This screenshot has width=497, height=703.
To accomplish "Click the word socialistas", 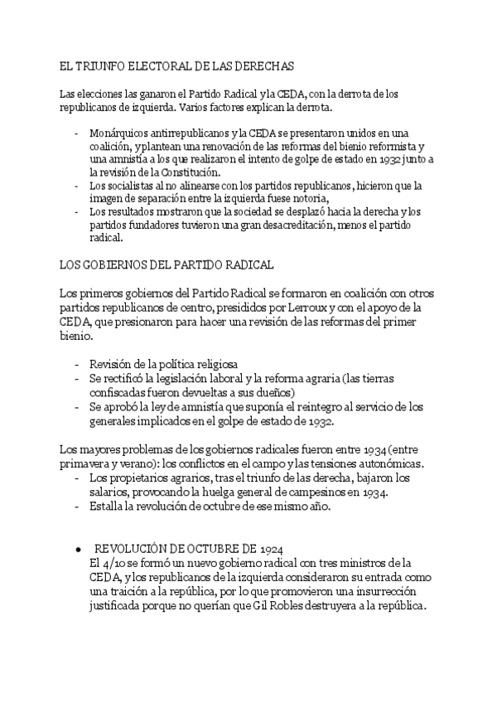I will tap(131, 186).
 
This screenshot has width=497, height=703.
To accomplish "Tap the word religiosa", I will tap(211, 364).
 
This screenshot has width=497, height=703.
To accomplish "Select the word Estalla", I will tap(107, 507).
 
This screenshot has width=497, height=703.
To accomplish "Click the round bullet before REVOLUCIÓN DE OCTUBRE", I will tap(78, 550).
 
